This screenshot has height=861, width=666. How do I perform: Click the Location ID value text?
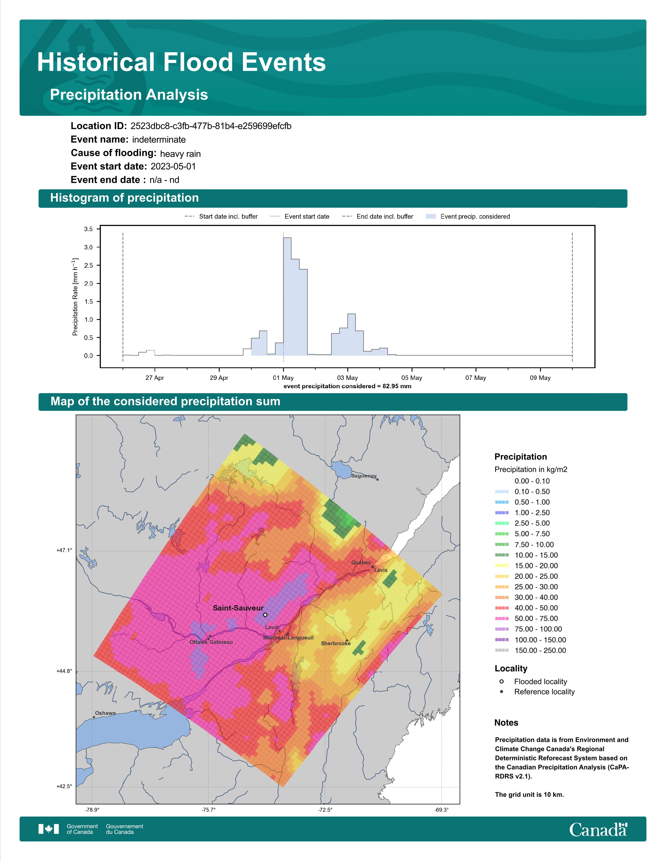point(211,126)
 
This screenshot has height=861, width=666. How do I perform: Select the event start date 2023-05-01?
point(173,166)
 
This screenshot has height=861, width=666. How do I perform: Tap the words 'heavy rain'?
point(180,154)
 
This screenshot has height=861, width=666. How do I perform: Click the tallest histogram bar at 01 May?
point(287,296)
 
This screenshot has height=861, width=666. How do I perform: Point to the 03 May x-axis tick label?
point(348,378)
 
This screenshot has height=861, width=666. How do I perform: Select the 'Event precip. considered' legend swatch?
point(431,217)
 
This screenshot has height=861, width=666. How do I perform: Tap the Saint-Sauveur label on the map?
point(238,608)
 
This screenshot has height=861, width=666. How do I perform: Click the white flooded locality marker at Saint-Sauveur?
point(265,615)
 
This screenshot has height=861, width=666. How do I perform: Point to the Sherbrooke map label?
point(336,643)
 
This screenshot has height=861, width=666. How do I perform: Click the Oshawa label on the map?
point(105,713)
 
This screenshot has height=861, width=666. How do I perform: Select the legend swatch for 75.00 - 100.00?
point(502,629)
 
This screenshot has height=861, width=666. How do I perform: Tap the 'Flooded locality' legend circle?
point(501,681)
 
